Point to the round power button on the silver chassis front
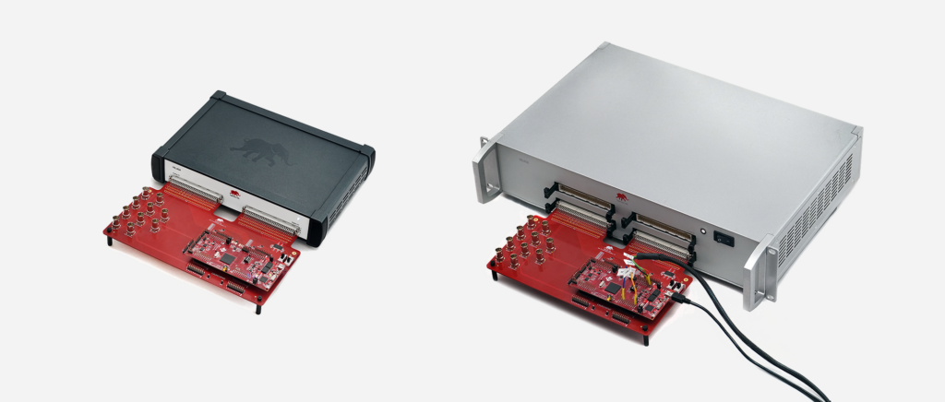click(x=703, y=232)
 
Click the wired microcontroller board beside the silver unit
click(x=614, y=278)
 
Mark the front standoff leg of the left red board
click(x=259, y=307)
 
